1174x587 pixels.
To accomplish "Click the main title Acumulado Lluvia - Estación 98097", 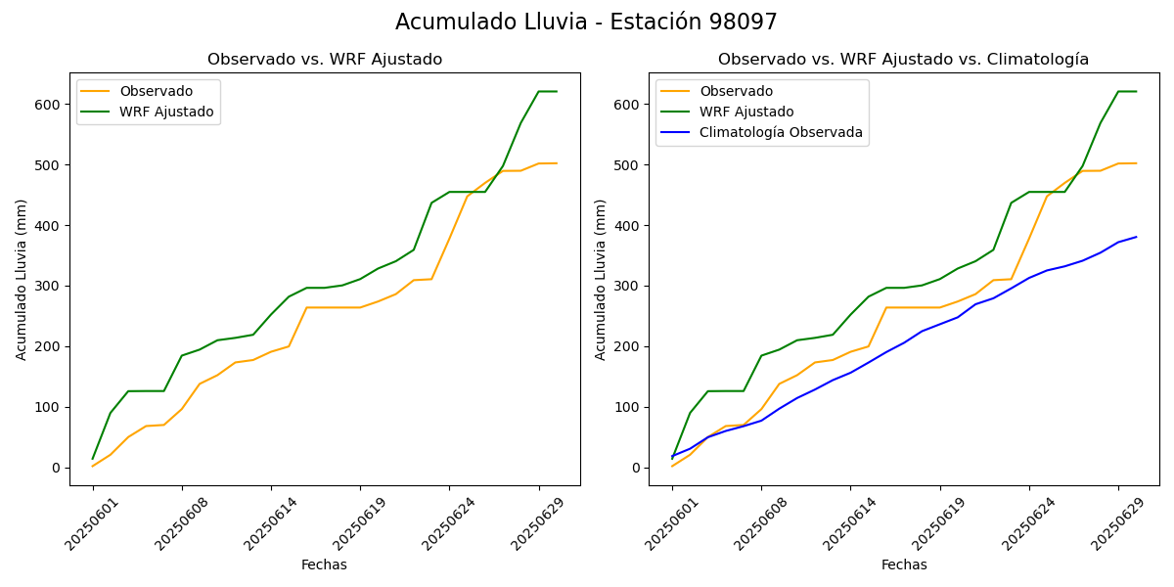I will point(586,23).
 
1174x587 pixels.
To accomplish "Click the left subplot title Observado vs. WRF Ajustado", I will point(325,60).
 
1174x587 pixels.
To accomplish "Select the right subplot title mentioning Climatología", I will point(903,60).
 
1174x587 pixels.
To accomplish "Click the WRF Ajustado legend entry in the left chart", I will point(166,112).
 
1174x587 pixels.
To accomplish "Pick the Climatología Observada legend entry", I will point(780,132).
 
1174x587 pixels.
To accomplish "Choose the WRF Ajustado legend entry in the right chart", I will point(745,112).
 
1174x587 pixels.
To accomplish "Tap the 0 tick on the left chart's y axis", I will point(58,469).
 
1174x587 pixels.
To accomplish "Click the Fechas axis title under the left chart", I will point(324,564).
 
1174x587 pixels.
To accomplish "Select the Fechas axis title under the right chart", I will point(904,564).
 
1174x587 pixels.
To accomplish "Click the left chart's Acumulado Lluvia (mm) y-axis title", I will point(22,279).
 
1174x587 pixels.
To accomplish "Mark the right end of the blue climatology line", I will point(1137,236).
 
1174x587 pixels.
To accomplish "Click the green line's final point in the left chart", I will point(557,92).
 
